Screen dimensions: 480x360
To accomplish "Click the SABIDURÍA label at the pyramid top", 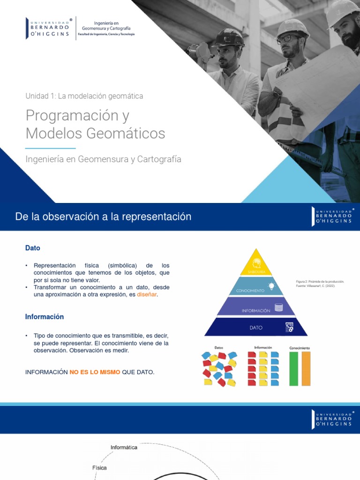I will pos(256,271).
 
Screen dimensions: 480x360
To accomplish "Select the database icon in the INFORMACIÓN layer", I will pos(279,307).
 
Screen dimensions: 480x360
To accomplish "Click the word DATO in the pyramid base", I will pos(256,328).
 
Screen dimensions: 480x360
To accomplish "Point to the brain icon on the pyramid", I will pos(256,263).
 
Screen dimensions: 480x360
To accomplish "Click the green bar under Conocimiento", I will pos(294,368).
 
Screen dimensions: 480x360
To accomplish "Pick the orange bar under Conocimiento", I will pos(306,368).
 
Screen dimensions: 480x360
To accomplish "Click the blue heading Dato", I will pos(33,248).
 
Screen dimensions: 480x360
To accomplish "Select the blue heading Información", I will pos(44,317).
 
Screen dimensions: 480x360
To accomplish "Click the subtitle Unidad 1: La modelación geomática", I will pos(84,96).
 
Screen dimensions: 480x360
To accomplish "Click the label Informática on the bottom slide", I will pos(124,447).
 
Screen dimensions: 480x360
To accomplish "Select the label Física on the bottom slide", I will pos(99,468).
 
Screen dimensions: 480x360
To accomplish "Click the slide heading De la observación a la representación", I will pos(103,217).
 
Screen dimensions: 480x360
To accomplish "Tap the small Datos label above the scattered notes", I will pos(219,348).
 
